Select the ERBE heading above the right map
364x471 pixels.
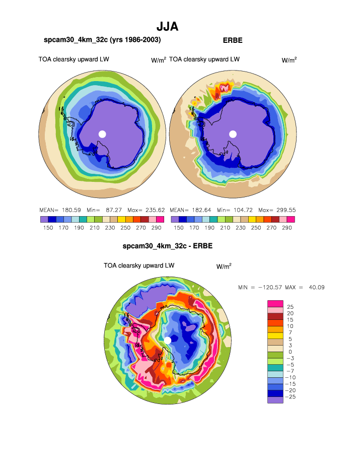click(233, 40)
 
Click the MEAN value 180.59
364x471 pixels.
click(70, 210)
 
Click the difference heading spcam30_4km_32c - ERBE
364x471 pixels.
click(167, 246)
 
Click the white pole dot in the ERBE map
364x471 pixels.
click(233, 133)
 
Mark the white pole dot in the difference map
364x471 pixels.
click(168, 341)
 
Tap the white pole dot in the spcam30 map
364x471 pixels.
click(102, 133)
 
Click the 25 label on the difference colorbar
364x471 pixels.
click(290, 307)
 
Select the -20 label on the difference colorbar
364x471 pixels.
click(291, 390)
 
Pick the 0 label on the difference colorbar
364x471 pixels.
click(290, 352)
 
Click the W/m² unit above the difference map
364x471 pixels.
click(224, 266)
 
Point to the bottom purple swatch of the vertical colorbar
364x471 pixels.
click(275, 400)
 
